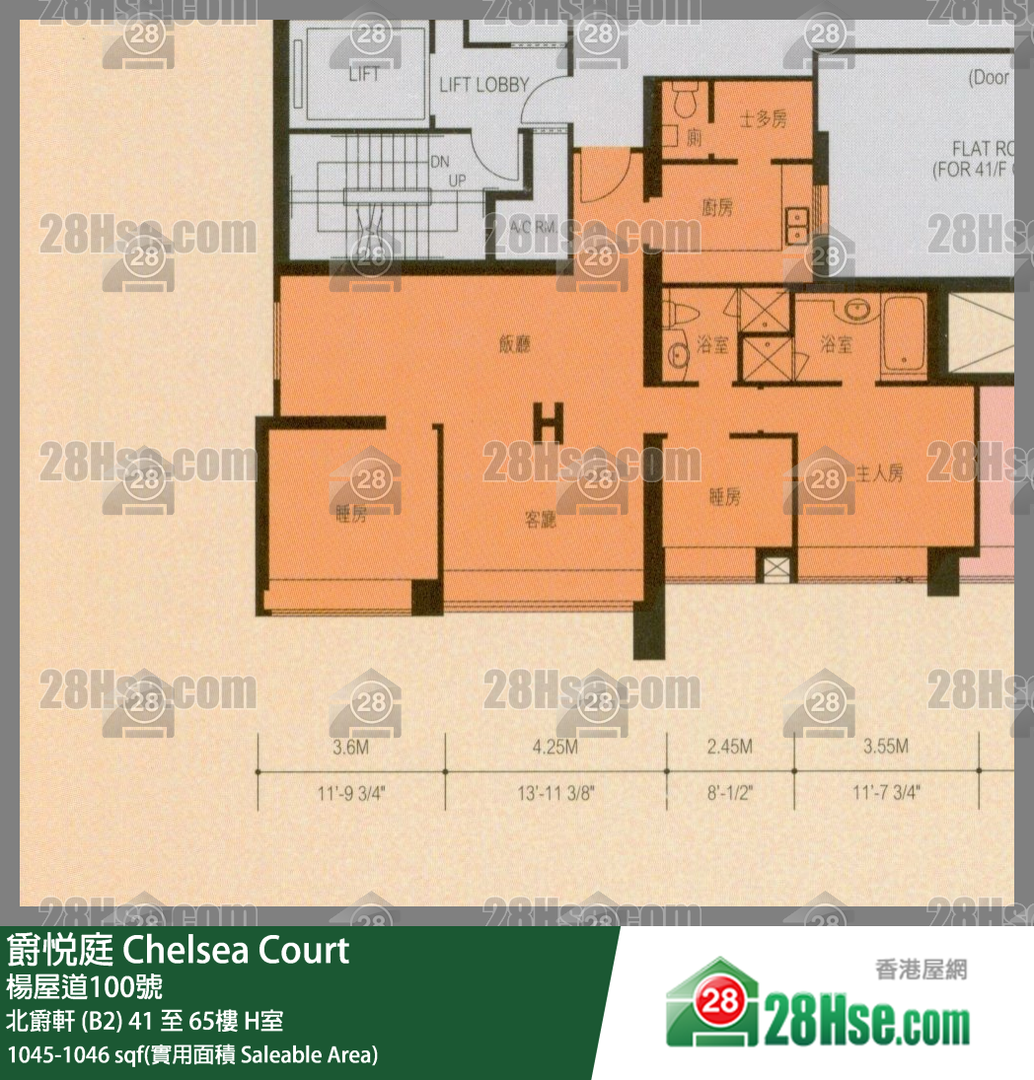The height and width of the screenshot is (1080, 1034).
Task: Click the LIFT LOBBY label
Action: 483,86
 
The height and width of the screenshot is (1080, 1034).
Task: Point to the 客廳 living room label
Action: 540,520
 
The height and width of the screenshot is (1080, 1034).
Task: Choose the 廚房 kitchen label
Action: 717,208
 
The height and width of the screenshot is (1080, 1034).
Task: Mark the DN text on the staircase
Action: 440,163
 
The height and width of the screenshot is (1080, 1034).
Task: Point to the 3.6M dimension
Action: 350,748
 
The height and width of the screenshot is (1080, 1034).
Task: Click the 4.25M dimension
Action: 554,748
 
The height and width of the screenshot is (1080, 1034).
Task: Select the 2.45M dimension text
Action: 731,748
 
